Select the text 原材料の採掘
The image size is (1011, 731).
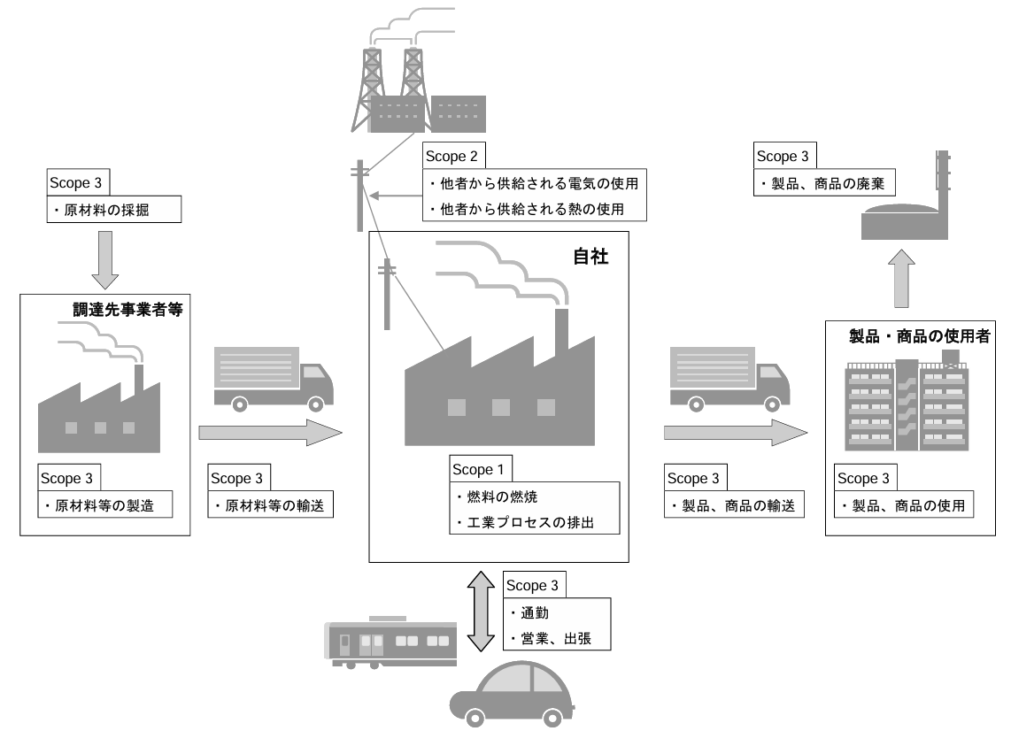pos(114,212)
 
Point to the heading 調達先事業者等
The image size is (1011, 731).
pos(133,311)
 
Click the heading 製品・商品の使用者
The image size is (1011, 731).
pos(920,336)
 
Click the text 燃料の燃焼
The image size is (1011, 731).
pos(492,496)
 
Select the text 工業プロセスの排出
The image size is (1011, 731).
pos(532,522)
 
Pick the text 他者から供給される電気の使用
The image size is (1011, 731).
pos(532,184)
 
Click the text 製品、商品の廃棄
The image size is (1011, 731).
pos(826,185)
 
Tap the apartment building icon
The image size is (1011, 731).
pos(908,404)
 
